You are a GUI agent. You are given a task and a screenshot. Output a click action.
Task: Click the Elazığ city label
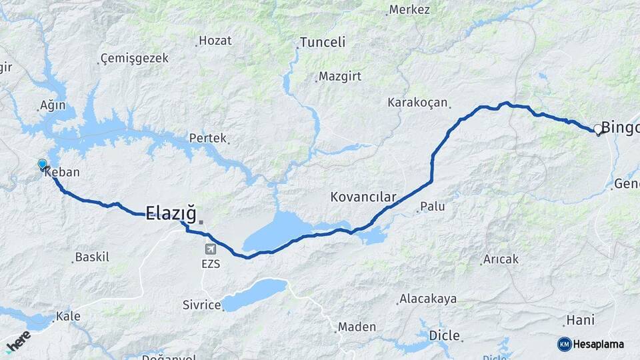pos(171,213)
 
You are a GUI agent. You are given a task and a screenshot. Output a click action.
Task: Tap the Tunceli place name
pos(323,43)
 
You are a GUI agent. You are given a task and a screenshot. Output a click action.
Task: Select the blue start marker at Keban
pos(43,164)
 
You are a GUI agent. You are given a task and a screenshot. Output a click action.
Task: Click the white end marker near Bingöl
pos(597,129)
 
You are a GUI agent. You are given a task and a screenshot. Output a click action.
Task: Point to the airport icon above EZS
pos(211,249)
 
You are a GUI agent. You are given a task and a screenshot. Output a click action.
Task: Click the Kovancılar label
pos(363,197)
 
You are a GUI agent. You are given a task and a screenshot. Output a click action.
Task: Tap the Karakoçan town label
pos(418,103)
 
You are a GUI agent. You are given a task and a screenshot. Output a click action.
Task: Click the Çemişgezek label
pos(134,59)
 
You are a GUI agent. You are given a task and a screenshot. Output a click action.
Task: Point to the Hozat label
pos(215,41)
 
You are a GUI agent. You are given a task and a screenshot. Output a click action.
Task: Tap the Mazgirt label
pos(340,76)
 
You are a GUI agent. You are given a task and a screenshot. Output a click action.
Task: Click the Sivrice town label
pos(201,305)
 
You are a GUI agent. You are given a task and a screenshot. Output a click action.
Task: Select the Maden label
pos(357,327)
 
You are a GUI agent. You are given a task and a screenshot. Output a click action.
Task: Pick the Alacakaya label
pos(428,299)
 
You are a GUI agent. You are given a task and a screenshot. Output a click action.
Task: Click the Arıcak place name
pos(501,259)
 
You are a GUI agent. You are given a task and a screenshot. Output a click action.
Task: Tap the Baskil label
pos(92,257)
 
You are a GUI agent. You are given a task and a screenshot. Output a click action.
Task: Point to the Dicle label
pos(445,335)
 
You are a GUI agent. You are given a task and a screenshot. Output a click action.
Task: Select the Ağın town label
pos(53,105)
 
